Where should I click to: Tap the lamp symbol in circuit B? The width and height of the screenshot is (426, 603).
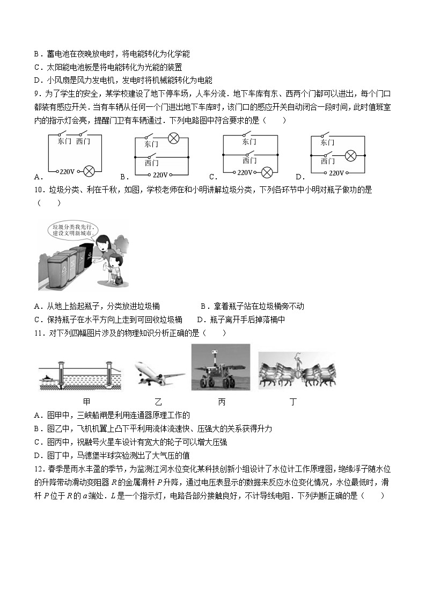click(173, 138)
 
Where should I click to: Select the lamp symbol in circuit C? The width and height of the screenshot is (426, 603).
click(267, 172)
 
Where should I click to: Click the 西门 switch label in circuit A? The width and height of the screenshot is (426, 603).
click(84, 141)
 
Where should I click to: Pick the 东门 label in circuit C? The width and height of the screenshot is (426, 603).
click(249, 142)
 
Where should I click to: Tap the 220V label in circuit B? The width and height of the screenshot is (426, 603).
click(160, 175)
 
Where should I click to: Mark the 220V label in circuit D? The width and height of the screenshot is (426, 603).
click(336, 173)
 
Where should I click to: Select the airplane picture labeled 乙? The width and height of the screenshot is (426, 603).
click(159, 375)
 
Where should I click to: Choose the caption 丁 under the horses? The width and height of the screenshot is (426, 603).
click(293, 402)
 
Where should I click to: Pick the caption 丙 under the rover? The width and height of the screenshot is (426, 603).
click(222, 402)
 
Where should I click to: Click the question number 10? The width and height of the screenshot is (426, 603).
click(38, 190)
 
